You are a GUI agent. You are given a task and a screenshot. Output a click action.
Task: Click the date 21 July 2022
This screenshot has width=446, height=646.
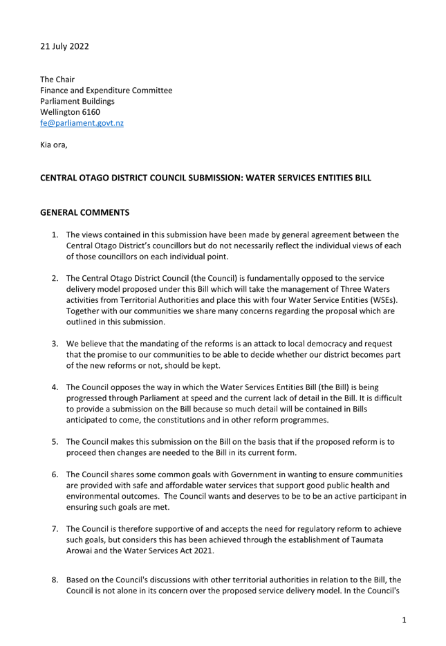pyautogui.click(x=64, y=46)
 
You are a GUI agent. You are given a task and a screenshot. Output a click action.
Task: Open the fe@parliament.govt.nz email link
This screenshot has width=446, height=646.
pyautogui.click(x=82, y=123)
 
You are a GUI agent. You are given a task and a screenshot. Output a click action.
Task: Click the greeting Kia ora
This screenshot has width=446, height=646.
pyautogui.click(x=53, y=145)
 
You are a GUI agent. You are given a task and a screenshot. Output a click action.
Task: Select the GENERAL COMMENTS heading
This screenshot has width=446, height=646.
pyautogui.click(x=84, y=212)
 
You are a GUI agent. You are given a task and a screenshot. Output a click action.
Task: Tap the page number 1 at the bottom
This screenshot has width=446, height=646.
pyautogui.click(x=404, y=620)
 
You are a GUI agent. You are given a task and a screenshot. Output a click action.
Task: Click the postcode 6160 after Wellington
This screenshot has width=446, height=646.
pyautogui.click(x=91, y=112)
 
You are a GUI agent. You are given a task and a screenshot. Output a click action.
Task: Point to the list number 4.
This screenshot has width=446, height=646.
pyautogui.click(x=55, y=387)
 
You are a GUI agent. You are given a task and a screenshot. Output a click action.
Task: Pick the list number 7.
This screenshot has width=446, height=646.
pyautogui.click(x=55, y=529)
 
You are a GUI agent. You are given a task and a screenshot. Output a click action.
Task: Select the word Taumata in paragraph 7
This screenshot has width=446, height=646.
pyautogui.click(x=367, y=539)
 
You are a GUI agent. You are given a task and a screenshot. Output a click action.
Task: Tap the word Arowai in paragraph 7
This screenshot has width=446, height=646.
pyautogui.click(x=79, y=551)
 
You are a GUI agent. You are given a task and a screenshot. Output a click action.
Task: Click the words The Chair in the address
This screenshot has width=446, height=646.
pyautogui.click(x=57, y=80)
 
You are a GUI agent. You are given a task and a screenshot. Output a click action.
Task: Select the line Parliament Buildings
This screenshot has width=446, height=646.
pyautogui.click(x=77, y=102)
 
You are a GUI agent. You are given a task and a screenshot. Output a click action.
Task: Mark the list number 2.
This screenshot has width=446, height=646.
pyautogui.click(x=55, y=279)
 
